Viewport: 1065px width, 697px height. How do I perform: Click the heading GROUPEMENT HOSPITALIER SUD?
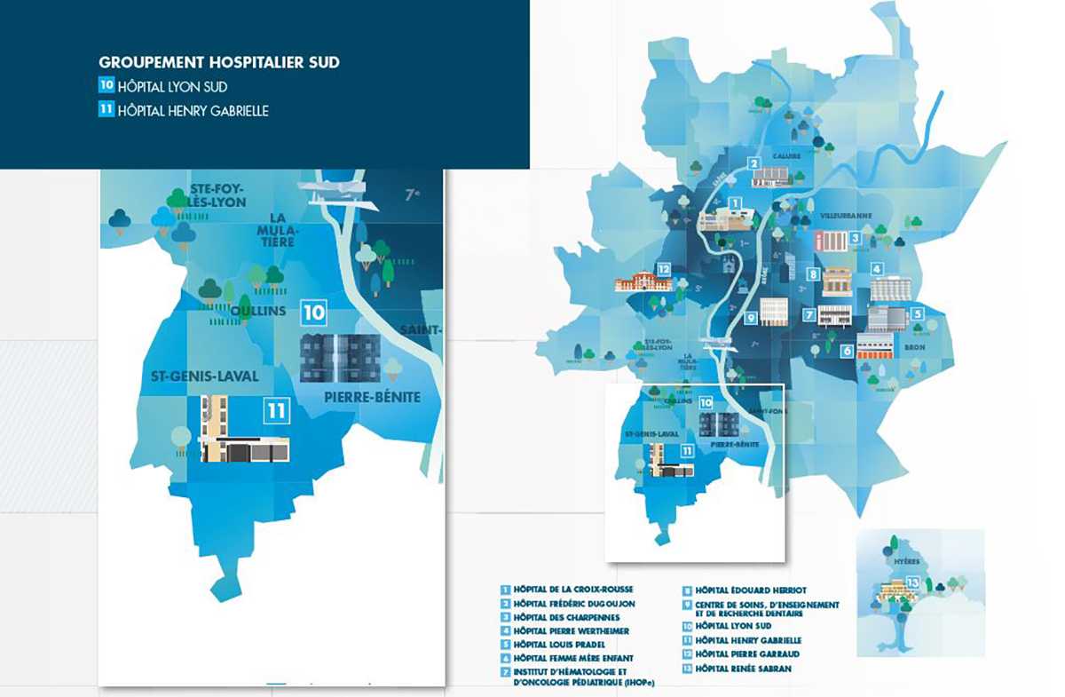(x=219, y=63)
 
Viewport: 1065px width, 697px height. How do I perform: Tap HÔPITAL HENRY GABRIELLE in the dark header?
(x=193, y=111)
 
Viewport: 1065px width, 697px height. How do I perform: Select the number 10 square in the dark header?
(x=106, y=87)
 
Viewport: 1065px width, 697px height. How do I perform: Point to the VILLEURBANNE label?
(x=846, y=215)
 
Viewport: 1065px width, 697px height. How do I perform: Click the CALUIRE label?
(x=786, y=156)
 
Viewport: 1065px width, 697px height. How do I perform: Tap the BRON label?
(x=914, y=348)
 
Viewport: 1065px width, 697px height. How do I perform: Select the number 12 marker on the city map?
(x=662, y=268)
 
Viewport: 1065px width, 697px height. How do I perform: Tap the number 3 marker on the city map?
(x=855, y=237)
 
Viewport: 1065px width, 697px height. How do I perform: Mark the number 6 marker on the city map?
(x=848, y=351)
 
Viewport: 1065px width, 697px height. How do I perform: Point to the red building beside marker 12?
(x=643, y=282)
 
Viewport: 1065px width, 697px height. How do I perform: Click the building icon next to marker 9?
(x=774, y=311)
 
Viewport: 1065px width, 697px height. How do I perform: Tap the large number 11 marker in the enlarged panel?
(x=277, y=410)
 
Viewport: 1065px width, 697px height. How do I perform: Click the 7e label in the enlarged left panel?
(x=411, y=194)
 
